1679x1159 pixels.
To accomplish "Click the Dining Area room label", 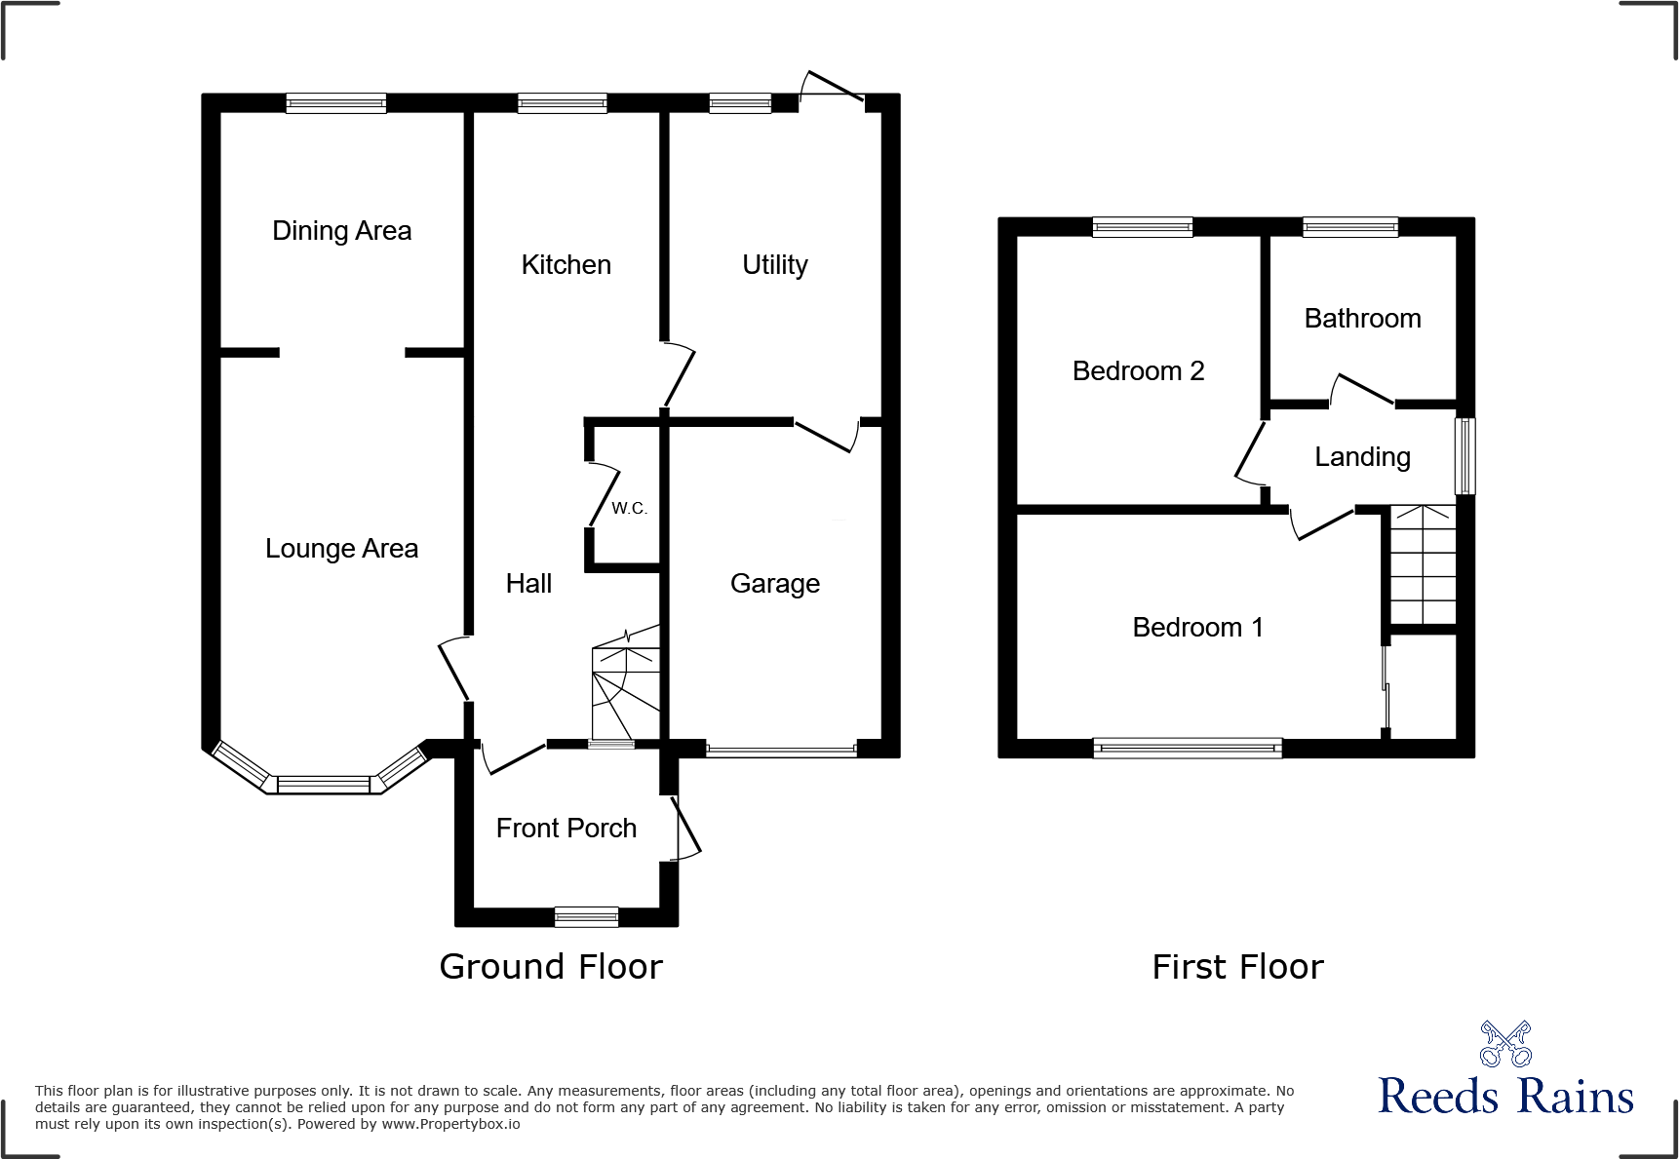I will [341, 231].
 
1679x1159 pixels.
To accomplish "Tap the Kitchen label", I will [566, 265].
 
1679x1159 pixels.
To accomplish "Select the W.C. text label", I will [629, 508].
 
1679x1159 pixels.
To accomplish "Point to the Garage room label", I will [774, 584].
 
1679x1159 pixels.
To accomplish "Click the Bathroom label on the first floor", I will [1362, 319].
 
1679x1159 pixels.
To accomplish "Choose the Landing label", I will [1362, 457].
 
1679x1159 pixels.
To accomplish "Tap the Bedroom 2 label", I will [1138, 371].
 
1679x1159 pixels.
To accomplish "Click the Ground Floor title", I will [551, 967].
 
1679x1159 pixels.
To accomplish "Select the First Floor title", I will [1237, 967].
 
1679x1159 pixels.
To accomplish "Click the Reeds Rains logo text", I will [1505, 1097].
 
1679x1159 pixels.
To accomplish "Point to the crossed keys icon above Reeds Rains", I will [1505, 1044].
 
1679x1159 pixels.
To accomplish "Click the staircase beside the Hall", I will [626, 687].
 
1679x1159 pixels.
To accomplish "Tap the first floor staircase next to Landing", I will [1423, 565].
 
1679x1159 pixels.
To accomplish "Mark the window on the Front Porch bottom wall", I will [586, 916].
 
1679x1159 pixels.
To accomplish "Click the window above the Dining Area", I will [336, 103].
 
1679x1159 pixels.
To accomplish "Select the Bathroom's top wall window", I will [1350, 227].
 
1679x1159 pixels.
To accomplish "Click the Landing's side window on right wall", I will [1464, 456].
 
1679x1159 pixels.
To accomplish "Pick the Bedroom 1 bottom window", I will [1187, 749].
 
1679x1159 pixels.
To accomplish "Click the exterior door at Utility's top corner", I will [832, 88].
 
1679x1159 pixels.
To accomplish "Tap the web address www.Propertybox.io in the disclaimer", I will [450, 1124].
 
